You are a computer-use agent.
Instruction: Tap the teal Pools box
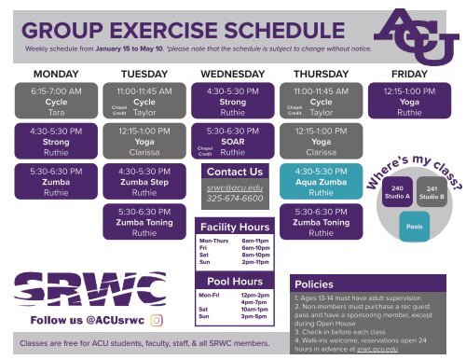tap(412, 227)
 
